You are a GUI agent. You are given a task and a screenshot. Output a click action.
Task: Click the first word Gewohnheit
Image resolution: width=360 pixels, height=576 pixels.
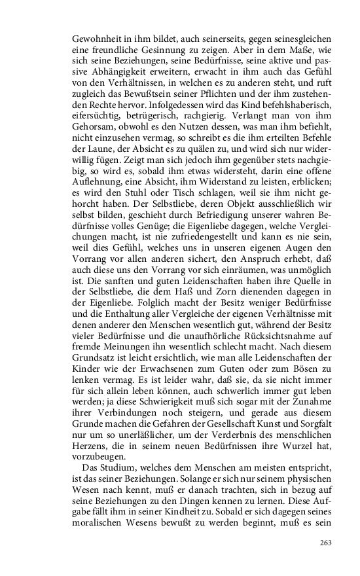click(96, 39)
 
